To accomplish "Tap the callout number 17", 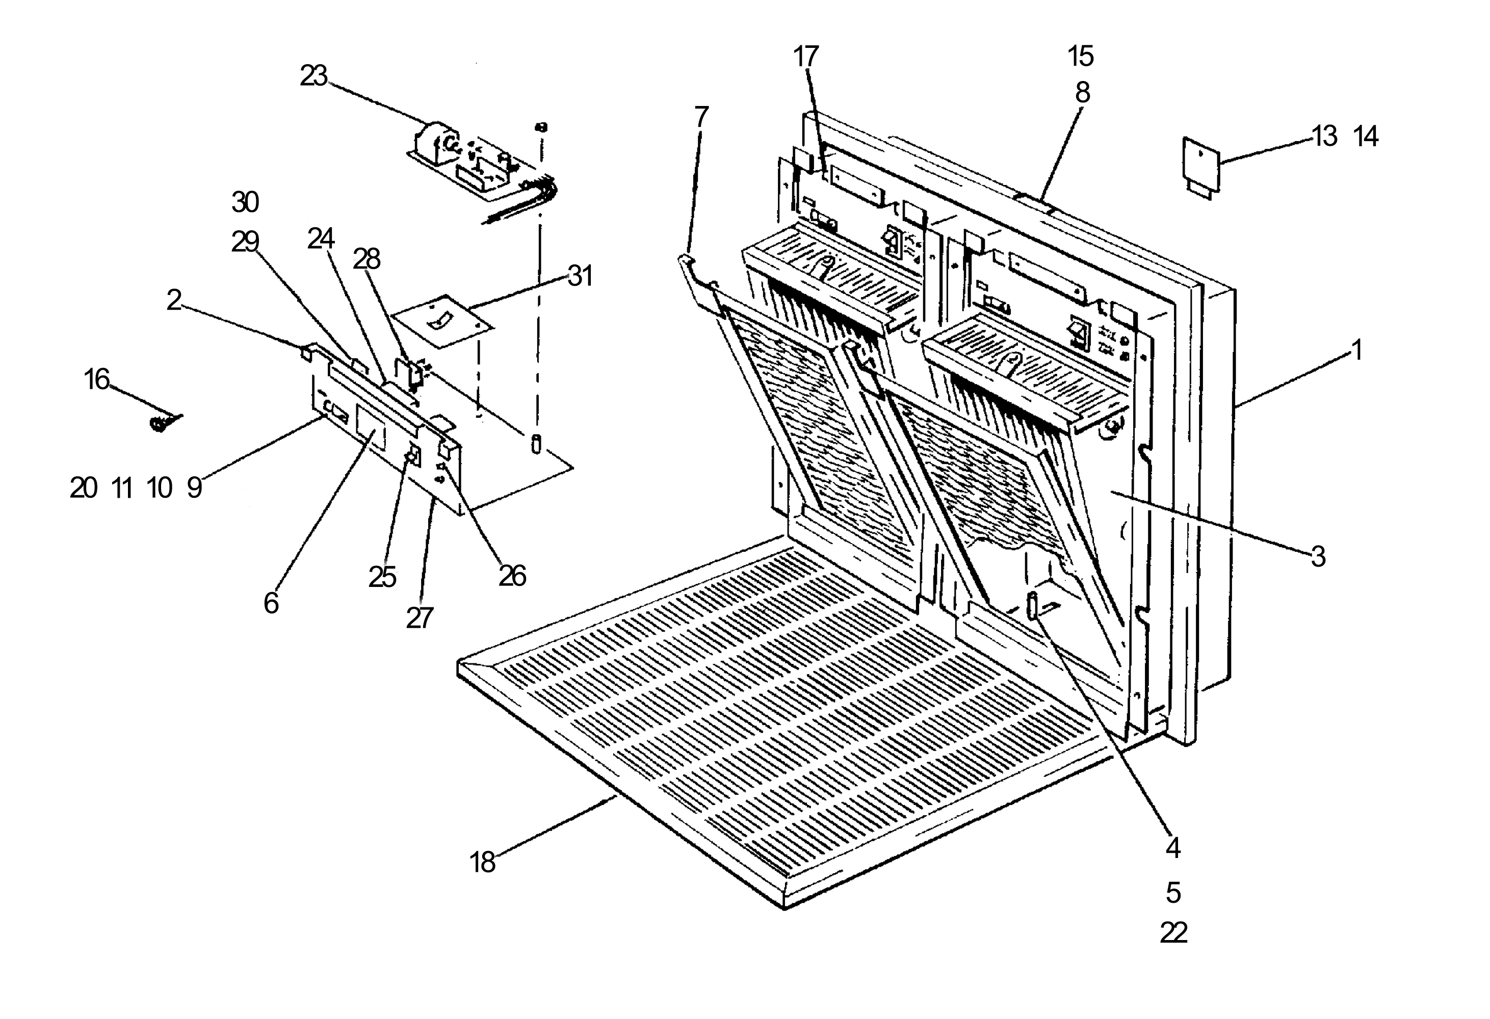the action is (806, 57).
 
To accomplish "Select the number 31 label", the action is (580, 276).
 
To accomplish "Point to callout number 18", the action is (483, 863).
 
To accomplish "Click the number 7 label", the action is (701, 117).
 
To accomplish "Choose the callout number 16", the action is (97, 380).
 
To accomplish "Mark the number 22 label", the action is (1173, 933).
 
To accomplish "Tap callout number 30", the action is (245, 202).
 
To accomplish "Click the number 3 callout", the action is (1318, 557).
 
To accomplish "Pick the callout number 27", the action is (420, 619).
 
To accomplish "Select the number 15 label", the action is (1081, 57).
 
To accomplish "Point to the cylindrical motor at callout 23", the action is (438, 142).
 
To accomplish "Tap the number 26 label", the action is (512, 576).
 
